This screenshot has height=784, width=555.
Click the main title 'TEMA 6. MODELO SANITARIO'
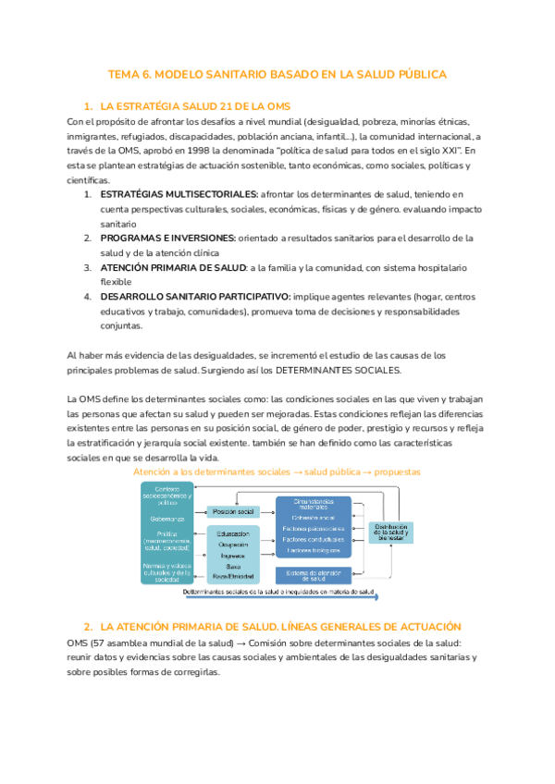(277, 73)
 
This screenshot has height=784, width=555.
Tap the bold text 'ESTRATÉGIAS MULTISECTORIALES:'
(179, 194)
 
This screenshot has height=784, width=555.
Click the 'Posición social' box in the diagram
(233, 511)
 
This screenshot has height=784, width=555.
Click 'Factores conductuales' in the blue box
(314, 539)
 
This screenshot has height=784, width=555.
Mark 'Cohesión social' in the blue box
(314, 518)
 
